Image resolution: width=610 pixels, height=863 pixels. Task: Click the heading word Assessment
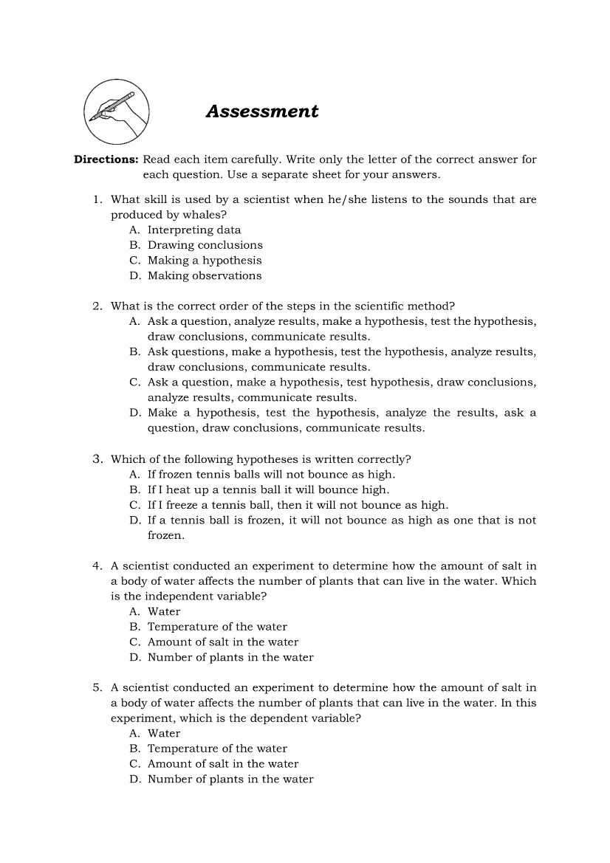tap(262, 111)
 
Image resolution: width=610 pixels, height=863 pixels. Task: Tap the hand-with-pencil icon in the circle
tap(117, 113)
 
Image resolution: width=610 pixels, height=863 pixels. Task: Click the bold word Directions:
tap(106, 159)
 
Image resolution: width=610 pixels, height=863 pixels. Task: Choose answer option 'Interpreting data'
tap(194, 230)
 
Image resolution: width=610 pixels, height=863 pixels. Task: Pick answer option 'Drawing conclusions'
tap(205, 245)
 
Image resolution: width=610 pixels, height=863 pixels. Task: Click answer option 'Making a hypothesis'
tap(205, 261)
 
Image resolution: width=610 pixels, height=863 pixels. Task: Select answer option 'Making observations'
tap(205, 276)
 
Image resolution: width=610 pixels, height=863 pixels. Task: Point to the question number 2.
tap(97, 306)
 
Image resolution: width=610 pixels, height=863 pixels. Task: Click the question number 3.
tap(97, 459)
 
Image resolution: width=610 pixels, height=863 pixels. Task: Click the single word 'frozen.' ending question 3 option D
tap(166, 535)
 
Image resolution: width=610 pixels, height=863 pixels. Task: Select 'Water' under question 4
tap(164, 612)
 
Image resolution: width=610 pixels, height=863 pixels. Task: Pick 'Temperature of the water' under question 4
tap(217, 628)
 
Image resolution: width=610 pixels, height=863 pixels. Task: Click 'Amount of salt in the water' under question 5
tap(223, 764)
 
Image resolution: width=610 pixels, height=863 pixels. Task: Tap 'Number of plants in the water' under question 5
tap(230, 780)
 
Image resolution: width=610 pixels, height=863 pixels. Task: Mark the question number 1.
tap(97, 200)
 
